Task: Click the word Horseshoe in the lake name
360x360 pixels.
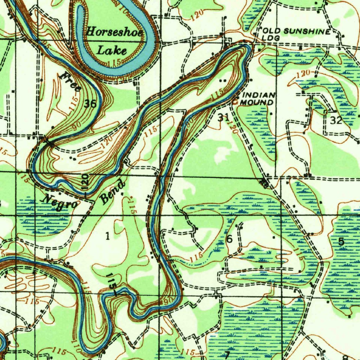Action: click(x=114, y=32)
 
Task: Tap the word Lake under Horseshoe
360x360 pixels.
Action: click(x=111, y=50)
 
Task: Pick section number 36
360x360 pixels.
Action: click(x=90, y=103)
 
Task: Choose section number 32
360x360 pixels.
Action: click(x=336, y=120)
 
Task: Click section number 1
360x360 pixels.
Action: click(x=108, y=236)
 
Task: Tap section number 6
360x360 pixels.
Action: click(x=229, y=239)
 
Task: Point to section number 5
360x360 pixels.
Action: click(x=341, y=241)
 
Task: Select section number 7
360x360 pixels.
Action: click(x=227, y=354)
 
